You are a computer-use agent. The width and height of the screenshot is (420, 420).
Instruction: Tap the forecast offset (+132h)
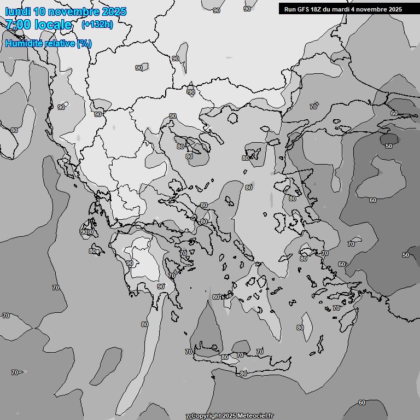click(97, 25)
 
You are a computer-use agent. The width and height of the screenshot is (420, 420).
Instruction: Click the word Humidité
click(22, 43)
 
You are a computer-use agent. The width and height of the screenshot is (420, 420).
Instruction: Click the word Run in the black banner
click(290, 9)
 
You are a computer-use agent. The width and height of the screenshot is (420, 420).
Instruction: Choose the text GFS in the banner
click(304, 9)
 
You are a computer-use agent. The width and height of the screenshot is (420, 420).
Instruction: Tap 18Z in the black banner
click(317, 9)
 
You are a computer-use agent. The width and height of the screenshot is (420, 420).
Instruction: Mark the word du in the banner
click(329, 9)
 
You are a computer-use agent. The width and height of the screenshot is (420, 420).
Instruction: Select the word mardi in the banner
click(343, 9)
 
